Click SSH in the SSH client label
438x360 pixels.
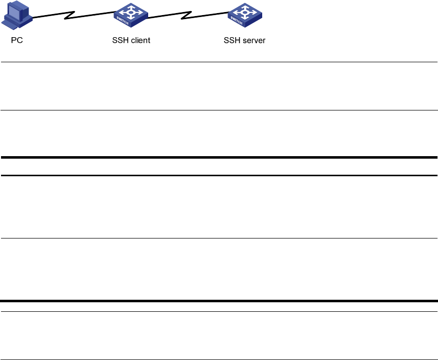pyautogui.click(x=120, y=40)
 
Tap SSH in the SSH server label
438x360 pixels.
pyautogui.click(x=231, y=40)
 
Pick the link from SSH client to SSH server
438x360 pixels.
pyautogui.click(x=166, y=17)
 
